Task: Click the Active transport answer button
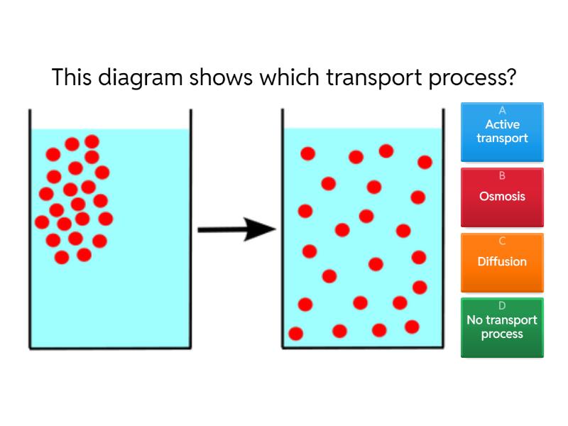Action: point(502,131)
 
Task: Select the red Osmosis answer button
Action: point(502,197)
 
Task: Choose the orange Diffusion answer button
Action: point(502,262)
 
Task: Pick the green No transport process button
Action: point(502,327)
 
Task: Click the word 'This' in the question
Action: point(70,77)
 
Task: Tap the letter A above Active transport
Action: point(502,111)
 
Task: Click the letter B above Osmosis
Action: point(502,176)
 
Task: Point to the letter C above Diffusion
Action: point(502,241)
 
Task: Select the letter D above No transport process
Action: point(502,306)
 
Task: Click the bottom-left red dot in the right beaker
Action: point(296,334)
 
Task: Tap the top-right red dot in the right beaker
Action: point(425,163)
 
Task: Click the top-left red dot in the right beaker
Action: point(307,153)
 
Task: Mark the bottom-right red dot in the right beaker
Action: point(412,327)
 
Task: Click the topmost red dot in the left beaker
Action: point(92,141)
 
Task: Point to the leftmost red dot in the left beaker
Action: point(42,222)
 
